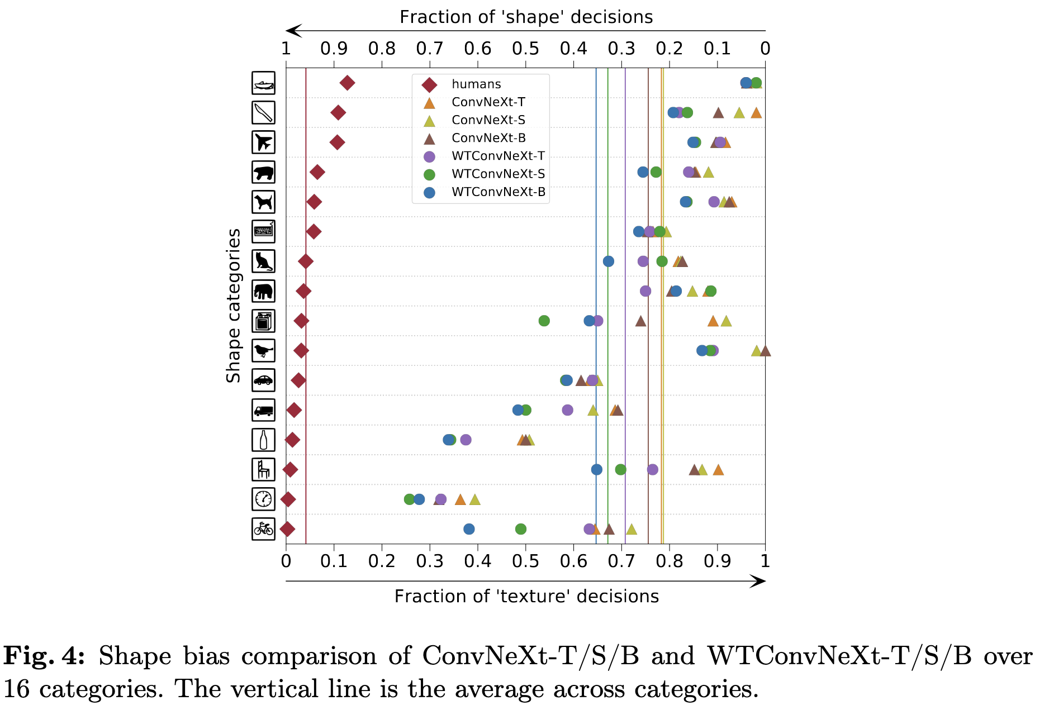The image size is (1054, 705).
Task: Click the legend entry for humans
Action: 476,84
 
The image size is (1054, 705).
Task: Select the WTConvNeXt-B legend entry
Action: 498,192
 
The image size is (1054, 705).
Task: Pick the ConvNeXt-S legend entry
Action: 488,120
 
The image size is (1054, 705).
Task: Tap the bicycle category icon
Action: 263,528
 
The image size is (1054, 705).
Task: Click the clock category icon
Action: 263,499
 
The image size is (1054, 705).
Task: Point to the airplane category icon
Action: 263,142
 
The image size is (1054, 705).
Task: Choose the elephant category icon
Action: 263,291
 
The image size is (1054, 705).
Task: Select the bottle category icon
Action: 263,440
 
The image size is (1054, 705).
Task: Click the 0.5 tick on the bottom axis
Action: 525,560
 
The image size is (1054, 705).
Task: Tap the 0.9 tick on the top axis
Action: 334,49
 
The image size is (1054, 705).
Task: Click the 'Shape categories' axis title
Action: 233,305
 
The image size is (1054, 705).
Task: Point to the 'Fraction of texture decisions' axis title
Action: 526,596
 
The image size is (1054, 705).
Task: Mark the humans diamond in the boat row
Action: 347,83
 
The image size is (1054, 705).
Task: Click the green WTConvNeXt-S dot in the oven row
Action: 544,321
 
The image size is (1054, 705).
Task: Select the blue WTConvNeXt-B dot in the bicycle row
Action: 469,528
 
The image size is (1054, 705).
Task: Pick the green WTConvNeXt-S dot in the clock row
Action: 409,499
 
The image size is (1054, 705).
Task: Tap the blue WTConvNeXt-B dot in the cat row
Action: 609,261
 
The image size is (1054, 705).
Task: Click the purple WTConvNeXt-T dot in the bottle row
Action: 466,440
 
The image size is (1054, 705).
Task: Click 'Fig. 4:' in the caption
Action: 44,656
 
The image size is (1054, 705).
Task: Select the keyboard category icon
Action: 263,231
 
